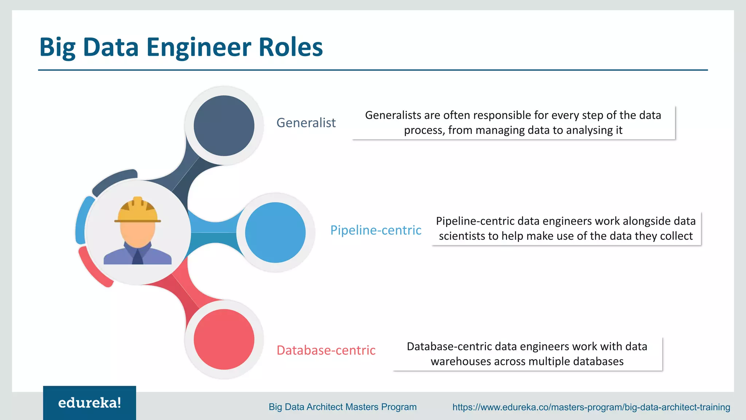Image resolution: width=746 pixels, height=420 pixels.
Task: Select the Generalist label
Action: tap(306, 123)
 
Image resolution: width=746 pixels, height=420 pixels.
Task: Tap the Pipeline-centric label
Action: tap(376, 230)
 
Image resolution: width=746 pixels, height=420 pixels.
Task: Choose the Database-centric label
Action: tap(326, 350)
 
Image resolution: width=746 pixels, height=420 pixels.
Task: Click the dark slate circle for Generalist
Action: tap(224, 126)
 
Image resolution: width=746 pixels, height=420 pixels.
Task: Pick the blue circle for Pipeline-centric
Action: tap(275, 233)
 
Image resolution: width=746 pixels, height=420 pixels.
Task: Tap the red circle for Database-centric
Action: tap(224, 339)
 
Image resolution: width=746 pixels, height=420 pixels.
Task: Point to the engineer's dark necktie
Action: tap(137, 257)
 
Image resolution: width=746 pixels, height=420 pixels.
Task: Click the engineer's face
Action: tap(138, 233)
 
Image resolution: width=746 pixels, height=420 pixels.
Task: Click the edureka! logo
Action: tap(90, 403)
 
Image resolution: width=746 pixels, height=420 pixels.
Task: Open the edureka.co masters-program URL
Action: tap(591, 407)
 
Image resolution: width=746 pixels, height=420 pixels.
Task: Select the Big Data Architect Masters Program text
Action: tap(342, 407)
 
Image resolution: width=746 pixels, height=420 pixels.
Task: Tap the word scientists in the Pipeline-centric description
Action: tap(462, 236)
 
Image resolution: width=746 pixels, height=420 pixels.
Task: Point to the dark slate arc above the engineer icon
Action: tap(114, 180)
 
